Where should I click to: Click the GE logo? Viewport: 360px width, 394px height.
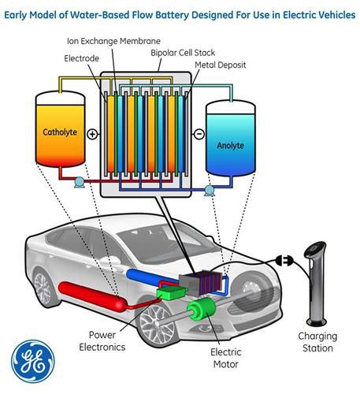click(33, 362)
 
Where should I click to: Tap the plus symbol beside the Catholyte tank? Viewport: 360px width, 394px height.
click(92, 134)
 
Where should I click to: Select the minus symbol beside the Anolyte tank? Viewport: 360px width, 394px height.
click(199, 134)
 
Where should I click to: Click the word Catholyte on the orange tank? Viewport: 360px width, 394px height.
click(60, 132)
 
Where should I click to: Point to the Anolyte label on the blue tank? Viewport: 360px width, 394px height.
click(230, 145)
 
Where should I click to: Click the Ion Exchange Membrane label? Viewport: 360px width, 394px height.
click(113, 41)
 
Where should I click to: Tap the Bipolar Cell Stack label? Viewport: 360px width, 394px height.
click(183, 53)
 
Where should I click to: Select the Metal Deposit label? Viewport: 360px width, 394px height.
click(221, 65)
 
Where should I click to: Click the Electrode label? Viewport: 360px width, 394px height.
click(82, 58)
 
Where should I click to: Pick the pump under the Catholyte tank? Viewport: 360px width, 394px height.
click(80, 182)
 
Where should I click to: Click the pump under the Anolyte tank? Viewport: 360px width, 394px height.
click(210, 191)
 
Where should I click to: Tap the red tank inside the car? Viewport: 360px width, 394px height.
click(93, 297)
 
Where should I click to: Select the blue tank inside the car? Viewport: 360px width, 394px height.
click(153, 277)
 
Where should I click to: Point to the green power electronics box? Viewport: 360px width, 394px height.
click(172, 293)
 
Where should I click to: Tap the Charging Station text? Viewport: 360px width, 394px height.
click(317, 342)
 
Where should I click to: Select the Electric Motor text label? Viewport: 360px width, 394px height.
click(226, 358)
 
